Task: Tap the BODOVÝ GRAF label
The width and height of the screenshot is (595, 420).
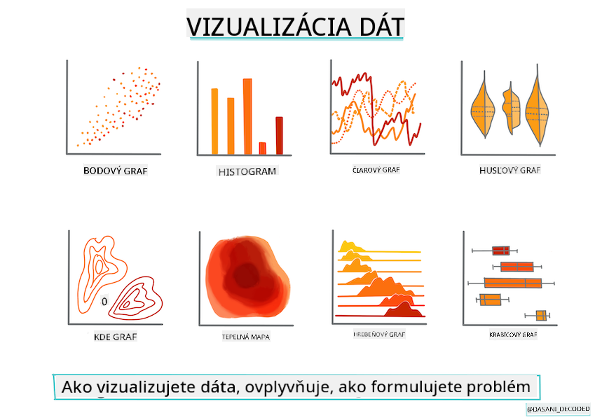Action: click(x=116, y=171)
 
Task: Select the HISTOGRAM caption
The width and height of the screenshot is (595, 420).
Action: click(x=247, y=171)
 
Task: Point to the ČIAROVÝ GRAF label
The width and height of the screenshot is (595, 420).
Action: click(x=376, y=170)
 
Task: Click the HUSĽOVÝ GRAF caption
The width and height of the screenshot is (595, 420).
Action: click(x=509, y=171)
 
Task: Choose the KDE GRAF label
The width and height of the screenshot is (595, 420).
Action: click(x=116, y=337)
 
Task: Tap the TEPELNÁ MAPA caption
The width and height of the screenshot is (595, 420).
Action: click(x=246, y=337)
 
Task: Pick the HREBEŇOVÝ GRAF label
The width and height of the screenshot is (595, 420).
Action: click(x=379, y=335)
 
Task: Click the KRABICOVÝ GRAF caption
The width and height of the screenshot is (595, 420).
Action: click(x=513, y=335)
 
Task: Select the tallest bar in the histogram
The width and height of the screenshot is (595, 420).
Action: click(x=247, y=116)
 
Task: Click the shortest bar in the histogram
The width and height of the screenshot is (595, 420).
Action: click(x=262, y=148)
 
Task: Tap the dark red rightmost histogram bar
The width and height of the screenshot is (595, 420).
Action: click(x=280, y=136)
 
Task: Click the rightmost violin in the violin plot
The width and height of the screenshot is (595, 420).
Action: click(x=538, y=106)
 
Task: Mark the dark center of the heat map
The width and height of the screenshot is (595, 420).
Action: click(x=246, y=276)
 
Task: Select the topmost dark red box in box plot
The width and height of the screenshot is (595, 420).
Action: click(x=501, y=251)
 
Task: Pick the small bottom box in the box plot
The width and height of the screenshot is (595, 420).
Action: click(x=541, y=316)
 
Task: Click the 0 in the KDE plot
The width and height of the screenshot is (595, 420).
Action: click(x=104, y=302)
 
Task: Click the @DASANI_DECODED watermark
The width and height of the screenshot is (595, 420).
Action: click(x=559, y=409)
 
